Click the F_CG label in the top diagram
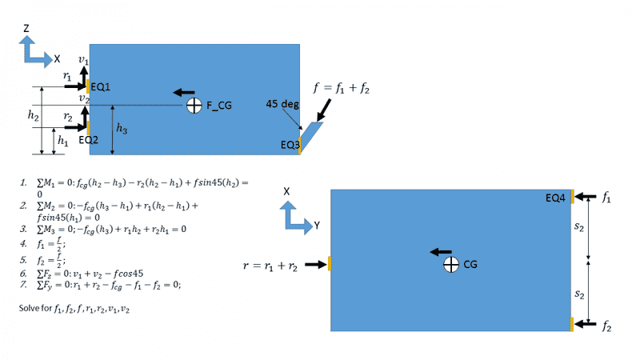tap(218, 106)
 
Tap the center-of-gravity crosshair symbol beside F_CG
tap(194, 106)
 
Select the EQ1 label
tap(101, 87)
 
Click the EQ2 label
tap(88, 140)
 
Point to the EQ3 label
tap(290, 145)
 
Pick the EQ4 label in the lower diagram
tap(555, 198)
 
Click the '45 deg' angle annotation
tap(282, 104)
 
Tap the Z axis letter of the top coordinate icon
tap(26, 28)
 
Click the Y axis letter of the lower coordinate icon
tap(317, 226)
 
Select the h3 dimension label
tap(122, 129)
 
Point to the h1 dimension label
tap(63, 141)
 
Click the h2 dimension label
tap(34, 116)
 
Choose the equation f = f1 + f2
tap(342, 88)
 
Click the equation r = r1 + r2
tap(270, 266)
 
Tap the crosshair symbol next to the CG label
tap(451, 265)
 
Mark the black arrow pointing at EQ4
tap(586, 197)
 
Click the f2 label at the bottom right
tap(606, 326)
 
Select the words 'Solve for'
tap(35, 308)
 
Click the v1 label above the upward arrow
tap(83, 60)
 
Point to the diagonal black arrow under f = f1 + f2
tap(324, 110)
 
